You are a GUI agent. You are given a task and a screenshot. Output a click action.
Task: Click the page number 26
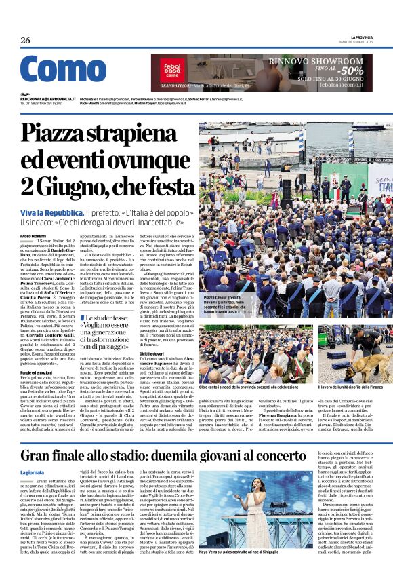point(25,41)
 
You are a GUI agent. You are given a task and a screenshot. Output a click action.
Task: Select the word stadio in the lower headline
point(167,456)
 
